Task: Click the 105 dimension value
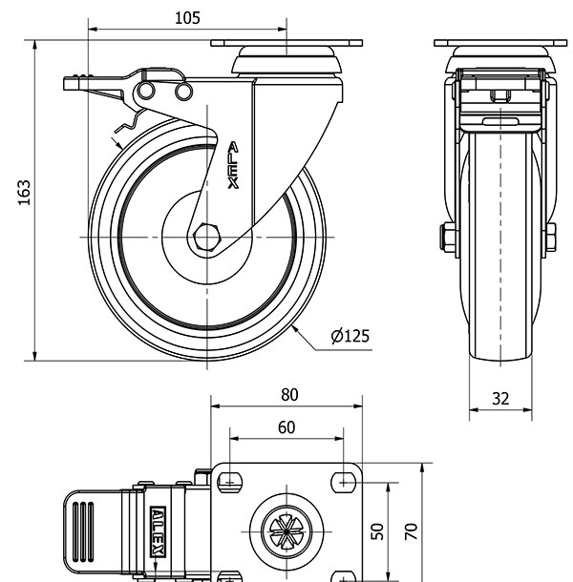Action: (x=188, y=17)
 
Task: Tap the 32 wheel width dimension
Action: (x=499, y=399)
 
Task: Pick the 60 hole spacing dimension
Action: (x=286, y=427)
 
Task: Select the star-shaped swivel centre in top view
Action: (x=286, y=529)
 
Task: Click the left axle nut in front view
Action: (x=445, y=237)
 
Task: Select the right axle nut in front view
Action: (x=551, y=237)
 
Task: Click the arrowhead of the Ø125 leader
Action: (x=297, y=327)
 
